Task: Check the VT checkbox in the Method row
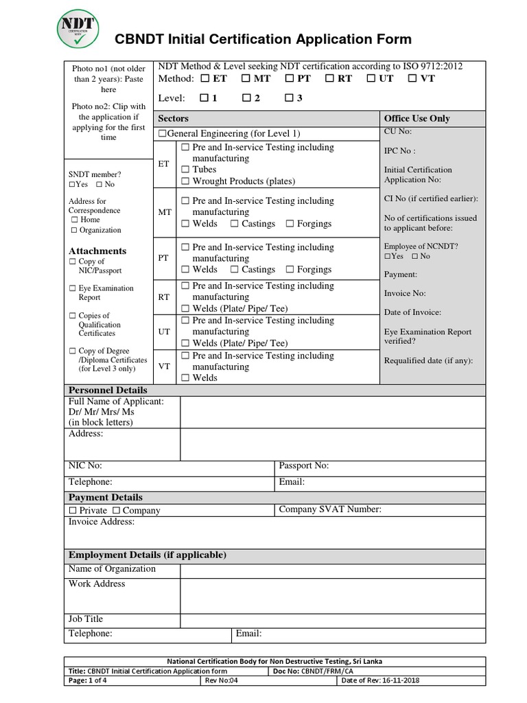coord(412,79)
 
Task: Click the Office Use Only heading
coord(417,118)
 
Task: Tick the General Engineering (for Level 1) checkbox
coord(163,134)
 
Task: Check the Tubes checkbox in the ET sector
coord(185,170)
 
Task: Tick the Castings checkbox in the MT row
coord(235,224)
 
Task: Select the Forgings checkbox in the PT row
coord(290,270)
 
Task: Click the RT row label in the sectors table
coord(164,297)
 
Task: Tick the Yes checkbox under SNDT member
coord(73,185)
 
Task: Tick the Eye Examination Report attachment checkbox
coord(73,288)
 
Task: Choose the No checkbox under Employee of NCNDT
coord(414,257)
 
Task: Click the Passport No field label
coord(304,465)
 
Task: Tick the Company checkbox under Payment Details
coord(116,511)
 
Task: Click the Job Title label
coord(86,619)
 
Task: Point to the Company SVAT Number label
coord(329,509)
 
